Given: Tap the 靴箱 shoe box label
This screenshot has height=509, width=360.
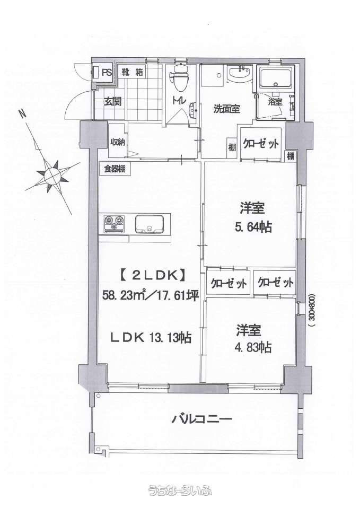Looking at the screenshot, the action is point(133,72).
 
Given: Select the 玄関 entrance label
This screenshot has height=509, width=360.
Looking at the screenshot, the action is point(112,102).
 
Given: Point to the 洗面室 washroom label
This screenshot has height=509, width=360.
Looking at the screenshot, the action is point(226,109).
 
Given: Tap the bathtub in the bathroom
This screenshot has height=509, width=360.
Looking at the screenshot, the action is point(275,77).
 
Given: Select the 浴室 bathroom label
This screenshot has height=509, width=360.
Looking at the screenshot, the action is point(275,102).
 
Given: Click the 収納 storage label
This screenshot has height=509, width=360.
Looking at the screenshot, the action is point(118,142).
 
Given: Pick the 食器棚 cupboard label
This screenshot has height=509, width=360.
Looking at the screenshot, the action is point(115,169).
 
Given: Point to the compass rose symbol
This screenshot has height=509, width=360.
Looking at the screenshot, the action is point(51,176).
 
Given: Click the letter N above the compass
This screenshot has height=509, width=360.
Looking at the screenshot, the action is point(22,115).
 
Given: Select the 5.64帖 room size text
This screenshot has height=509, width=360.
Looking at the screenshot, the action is point(253,227).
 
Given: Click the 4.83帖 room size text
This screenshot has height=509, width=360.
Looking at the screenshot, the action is point(253,347).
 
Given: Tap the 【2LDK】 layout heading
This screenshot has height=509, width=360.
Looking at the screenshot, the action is point(150,276).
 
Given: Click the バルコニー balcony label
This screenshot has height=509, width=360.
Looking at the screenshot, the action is point(201,419).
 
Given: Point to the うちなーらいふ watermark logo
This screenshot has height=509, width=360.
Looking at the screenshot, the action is point(180,490).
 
